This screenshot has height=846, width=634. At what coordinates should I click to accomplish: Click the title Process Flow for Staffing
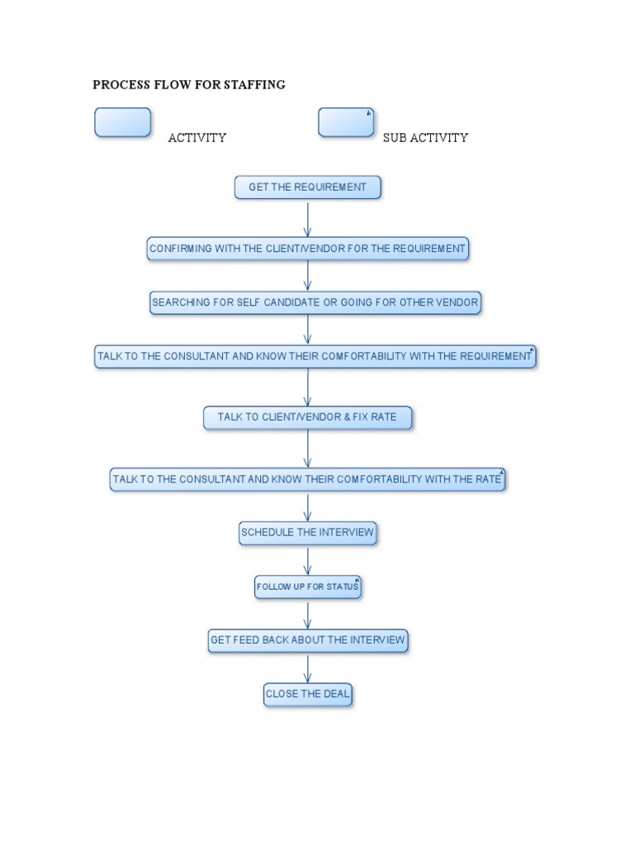point(189,84)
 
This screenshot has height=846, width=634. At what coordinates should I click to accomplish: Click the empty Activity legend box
point(123,122)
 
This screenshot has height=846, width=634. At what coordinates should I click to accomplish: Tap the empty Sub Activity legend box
point(346,122)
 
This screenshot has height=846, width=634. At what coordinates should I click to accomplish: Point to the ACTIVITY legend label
point(197,138)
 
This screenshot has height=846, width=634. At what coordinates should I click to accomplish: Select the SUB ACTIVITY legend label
point(425,138)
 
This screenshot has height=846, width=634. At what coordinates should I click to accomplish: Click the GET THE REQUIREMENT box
point(308,188)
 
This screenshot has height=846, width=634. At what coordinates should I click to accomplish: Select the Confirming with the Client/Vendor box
point(308,249)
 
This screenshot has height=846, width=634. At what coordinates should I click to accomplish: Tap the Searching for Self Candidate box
point(315,303)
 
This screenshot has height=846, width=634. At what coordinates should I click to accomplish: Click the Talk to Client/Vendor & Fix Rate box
point(308,417)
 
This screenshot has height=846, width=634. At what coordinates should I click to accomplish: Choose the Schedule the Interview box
point(308,533)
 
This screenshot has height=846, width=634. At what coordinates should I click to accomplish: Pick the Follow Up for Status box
point(308,587)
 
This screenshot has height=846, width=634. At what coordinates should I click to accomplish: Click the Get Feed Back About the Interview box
point(308,640)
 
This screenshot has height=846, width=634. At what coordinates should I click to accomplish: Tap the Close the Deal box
point(308,694)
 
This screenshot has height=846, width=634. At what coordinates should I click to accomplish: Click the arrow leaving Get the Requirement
point(308,218)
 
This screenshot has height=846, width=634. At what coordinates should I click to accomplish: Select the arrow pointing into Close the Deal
point(308,668)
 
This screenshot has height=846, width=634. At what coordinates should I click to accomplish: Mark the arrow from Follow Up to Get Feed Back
point(308,614)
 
